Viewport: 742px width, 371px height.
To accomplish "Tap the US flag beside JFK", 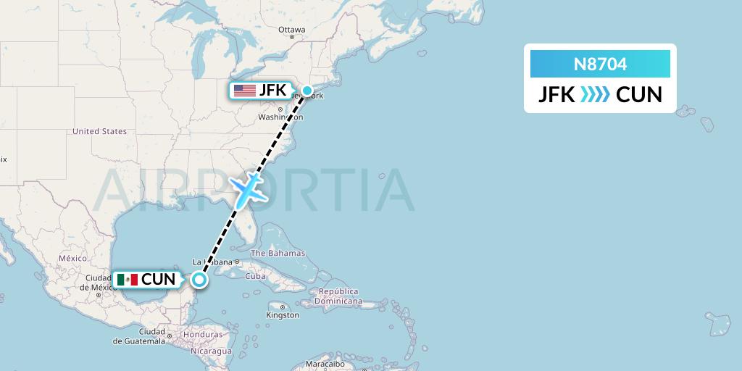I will [245, 91].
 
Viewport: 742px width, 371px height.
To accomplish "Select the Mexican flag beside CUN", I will [127, 279].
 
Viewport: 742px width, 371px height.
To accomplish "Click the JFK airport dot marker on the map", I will [307, 91].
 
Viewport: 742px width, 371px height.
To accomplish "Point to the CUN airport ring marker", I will [199, 278].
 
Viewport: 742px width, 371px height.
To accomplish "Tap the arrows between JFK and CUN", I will [595, 95].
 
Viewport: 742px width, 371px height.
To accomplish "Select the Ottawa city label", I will [291, 30].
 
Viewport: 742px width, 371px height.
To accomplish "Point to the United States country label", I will [99, 131].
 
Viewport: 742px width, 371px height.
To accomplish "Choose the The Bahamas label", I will [278, 254].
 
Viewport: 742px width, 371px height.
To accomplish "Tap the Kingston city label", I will [282, 315].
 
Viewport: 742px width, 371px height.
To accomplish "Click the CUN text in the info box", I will [638, 95].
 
